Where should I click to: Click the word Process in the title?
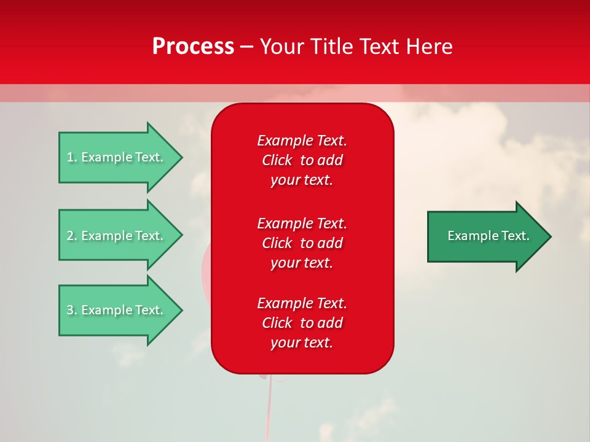pos(193,47)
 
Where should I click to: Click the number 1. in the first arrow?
pos(71,157)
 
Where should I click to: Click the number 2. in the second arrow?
pos(71,236)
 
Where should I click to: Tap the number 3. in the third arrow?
pos(71,310)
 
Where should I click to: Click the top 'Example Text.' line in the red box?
pos(302,141)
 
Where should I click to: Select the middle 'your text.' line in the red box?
pos(302,263)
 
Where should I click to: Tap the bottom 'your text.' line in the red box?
pos(302,343)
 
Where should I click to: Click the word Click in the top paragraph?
pos(277,160)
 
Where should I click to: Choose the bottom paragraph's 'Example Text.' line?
pos(302,303)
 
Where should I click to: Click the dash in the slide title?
pos(247,47)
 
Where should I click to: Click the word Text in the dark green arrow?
pos(516,236)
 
